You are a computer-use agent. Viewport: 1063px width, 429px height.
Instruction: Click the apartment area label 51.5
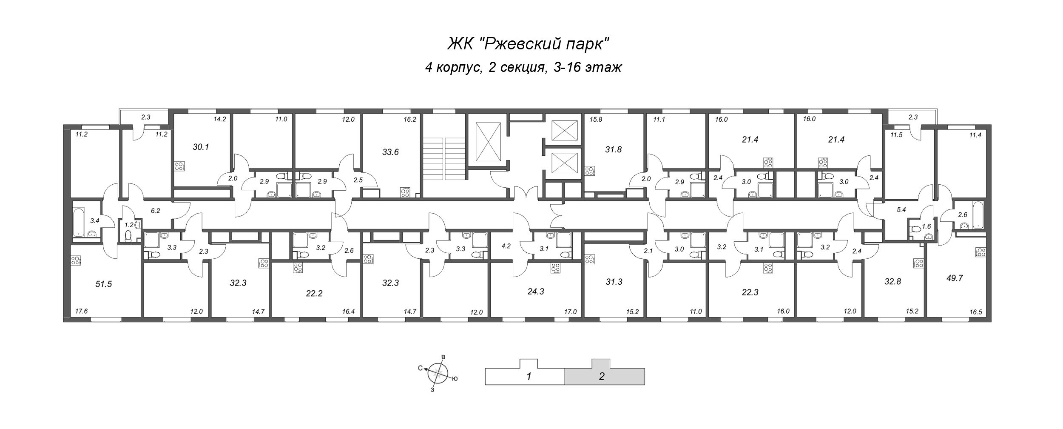coord(103,284)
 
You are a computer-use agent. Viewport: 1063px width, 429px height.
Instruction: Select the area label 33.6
coord(390,152)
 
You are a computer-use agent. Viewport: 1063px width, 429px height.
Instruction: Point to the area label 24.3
coord(536,292)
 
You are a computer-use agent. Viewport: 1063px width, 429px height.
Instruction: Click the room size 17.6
coord(81,311)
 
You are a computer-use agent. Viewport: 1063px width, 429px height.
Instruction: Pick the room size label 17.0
coord(570,311)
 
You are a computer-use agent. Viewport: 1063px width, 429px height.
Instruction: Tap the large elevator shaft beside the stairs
coord(488,141)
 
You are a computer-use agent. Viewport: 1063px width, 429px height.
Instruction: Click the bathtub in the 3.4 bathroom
coord(79,222)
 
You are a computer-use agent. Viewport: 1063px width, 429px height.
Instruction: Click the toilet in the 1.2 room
coord(129,235)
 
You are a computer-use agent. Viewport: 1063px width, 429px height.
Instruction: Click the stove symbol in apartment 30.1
coord(179,166)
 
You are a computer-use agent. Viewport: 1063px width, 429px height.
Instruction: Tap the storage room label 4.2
coord(506,246)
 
